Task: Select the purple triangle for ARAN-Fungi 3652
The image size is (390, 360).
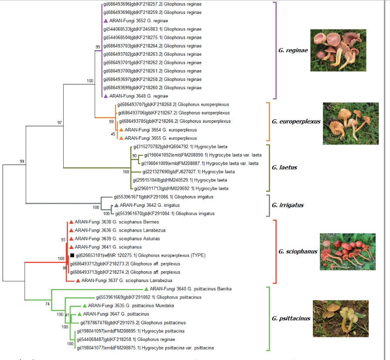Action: (105, 21)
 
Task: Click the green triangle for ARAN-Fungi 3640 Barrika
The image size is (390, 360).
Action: (146, 289)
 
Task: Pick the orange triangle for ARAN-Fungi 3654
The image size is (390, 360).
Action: (121, 130)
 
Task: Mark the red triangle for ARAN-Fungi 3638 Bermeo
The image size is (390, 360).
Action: (71, 222)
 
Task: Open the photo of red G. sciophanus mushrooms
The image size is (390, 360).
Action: (347, 252)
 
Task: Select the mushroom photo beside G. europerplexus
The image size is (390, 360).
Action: (350, 123)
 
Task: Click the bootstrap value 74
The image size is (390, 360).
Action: (47, 304)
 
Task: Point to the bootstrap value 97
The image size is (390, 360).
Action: (60, 123)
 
